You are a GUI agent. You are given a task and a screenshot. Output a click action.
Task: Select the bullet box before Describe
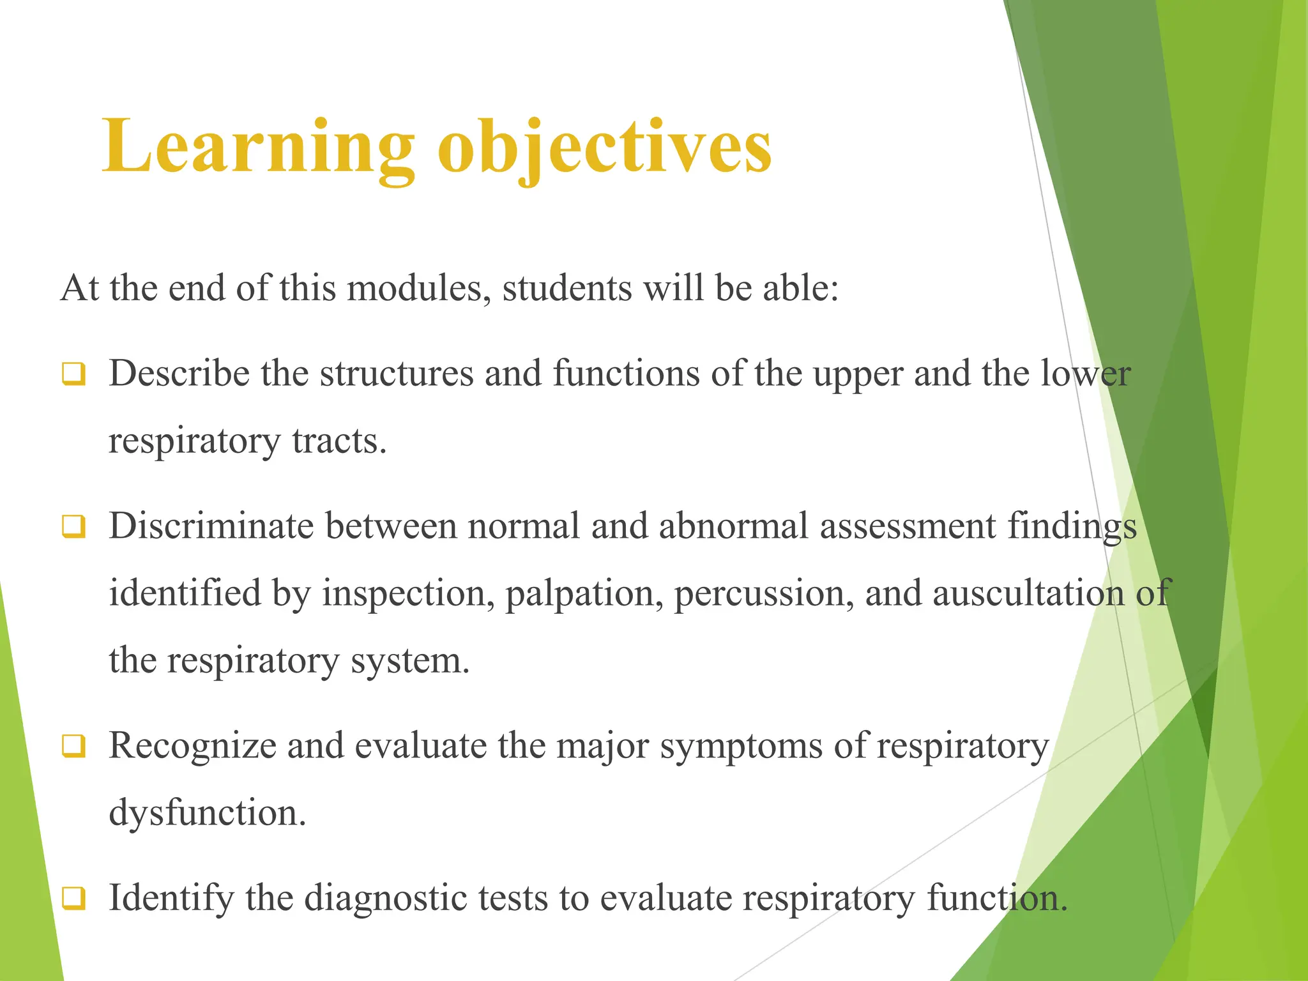tap(73, 374)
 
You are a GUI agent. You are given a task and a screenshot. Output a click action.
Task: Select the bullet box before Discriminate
tap(73, 527)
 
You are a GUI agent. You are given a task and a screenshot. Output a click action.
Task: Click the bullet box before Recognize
tap(73, 745)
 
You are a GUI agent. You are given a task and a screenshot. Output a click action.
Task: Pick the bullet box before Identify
tap(73, 898)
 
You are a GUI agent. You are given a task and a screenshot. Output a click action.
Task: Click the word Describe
tap(179, 374)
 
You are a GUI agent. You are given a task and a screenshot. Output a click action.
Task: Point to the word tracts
tap(339, 441)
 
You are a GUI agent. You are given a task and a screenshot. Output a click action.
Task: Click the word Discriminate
tap(211, 527)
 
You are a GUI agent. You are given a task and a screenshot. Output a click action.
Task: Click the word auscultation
tap(1028, 594)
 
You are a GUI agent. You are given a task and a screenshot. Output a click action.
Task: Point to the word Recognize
tap(192, 746)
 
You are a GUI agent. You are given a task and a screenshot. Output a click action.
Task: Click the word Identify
tap(171, 899)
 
